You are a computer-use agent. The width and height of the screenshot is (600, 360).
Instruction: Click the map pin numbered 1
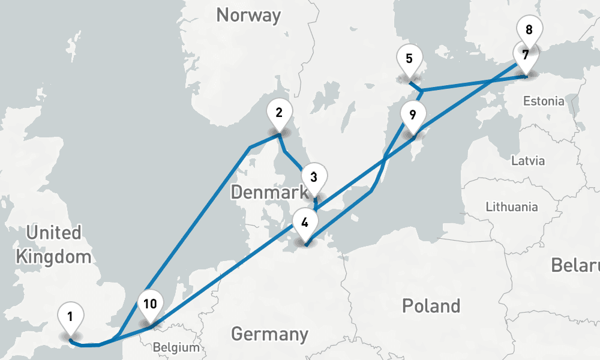pyautogui.click(x=71, y=316)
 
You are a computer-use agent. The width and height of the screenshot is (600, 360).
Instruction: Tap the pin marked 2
pyautogui.click(x=279, y=112)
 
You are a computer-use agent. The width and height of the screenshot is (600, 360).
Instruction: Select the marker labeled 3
pyautogui.click(x=314, y=178)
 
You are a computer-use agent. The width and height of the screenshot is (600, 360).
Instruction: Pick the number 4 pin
pyautogui.click(x=305, y=223)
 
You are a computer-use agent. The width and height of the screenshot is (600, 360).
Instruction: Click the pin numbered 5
pyautogui.click(x=409, y=59)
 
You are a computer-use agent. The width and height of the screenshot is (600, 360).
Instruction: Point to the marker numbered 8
pyautogui.click(x=529, y=30)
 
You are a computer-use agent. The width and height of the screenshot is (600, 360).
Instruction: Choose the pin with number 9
pyautogui.click(x=413, y=114)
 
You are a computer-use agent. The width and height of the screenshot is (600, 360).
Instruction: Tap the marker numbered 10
pyautogui.click(x=150, y=304)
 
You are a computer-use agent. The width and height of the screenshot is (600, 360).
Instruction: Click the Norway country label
pyautogui.click(x=248, y=15)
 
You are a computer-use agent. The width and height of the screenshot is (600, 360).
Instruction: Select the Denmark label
pyautogui.click(x=268, y=193)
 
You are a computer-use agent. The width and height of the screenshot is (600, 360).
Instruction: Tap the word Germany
pyautogui.click(x=269, y=334)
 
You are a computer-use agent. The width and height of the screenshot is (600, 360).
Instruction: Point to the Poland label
pyautogui.click(x=431, y=305)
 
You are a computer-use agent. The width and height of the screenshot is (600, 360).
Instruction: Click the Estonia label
pyautogui.click(x=544, y=101)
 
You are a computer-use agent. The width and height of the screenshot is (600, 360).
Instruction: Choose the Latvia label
pyautogui.click(x=528, y=161)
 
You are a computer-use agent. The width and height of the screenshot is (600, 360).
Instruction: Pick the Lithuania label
pyautogui.click(x=512, y=207)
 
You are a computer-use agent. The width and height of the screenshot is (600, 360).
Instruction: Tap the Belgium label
pyautogui.click(x=175, y=347)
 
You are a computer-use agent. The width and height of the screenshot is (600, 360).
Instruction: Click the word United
pyautogui.click(x=53, y=232)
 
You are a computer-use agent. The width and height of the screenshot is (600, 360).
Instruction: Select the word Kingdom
pyautogui.click(x=53, y=257)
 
